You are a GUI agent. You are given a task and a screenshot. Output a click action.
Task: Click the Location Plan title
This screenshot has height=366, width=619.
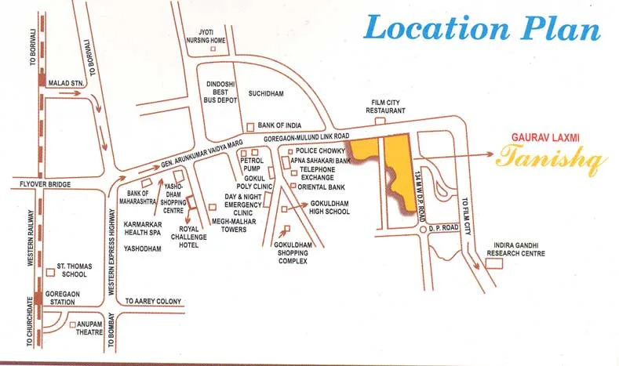pos(482,29)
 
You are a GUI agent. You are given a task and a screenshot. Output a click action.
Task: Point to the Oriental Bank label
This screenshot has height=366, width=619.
pos(322,187)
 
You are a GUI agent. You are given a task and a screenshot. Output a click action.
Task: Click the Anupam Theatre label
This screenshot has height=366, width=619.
pos(90,328)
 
